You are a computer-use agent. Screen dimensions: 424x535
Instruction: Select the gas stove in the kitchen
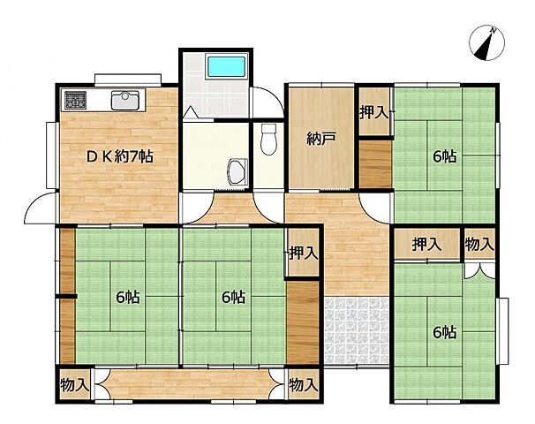coord(73,100)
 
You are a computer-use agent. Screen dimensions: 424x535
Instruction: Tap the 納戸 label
coord(320,138)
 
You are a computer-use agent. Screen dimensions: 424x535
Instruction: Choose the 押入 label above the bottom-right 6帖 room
coord(427,244)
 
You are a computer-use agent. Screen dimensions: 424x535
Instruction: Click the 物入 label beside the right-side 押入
coord(479,244)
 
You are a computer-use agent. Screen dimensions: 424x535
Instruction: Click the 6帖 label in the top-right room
coord(444,156)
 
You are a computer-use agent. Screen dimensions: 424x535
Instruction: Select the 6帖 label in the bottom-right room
coord(444,332)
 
